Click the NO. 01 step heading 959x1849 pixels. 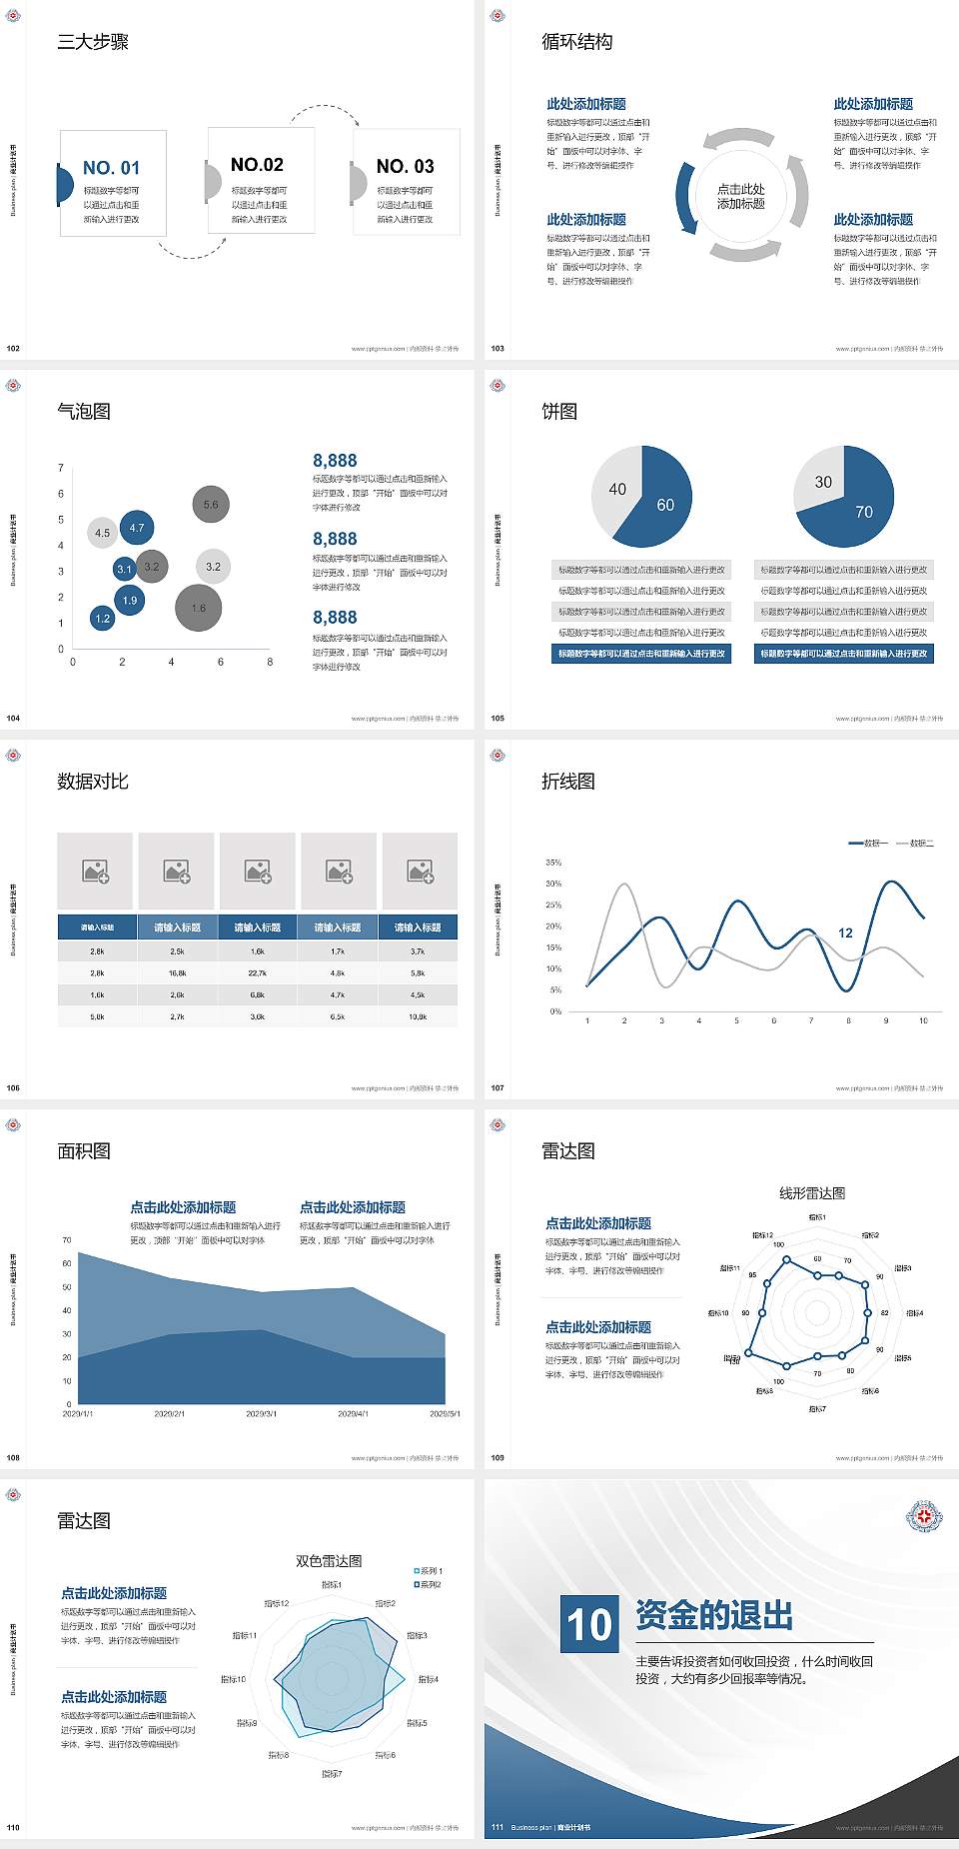111,168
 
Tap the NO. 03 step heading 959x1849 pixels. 405,166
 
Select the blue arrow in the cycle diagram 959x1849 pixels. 685,199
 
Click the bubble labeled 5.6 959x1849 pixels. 211,505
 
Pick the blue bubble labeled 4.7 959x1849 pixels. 137,528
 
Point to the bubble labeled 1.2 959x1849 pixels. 102,619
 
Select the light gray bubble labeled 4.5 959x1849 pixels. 102,533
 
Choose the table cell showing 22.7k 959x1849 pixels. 258,972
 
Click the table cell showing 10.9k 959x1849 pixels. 418,1016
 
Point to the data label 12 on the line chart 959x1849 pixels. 845,932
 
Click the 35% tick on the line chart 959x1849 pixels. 553,863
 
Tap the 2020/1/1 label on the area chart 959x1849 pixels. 78,1414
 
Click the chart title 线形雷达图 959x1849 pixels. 812,1192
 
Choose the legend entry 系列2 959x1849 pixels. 429,1584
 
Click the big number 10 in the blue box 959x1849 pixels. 589,1624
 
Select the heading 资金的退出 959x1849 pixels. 714,1615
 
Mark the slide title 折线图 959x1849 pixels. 568,782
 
